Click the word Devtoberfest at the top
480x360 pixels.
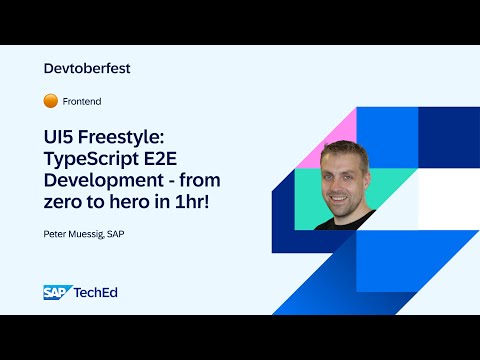point(88,69)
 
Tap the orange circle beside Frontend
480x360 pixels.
point(51,101)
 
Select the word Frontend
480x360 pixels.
point(82,102)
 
